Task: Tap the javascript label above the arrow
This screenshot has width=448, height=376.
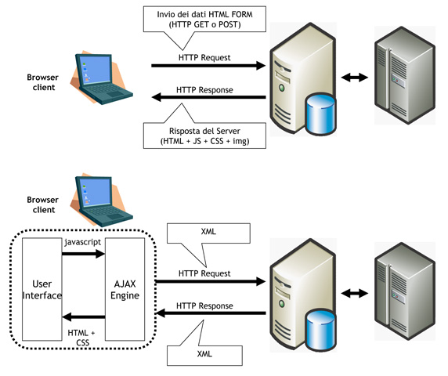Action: (82, 242)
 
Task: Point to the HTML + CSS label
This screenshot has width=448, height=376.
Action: (81, 338)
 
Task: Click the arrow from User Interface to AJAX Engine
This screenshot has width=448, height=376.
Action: (84, 254)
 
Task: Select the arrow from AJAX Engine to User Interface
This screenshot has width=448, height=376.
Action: (84, 316)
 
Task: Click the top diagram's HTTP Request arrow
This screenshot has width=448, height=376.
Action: (208, 66)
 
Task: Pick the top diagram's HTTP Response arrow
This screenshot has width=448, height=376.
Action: (208, 97)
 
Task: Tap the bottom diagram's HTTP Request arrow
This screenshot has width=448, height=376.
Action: (211, 281)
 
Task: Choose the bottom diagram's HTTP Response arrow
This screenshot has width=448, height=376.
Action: (211, 313)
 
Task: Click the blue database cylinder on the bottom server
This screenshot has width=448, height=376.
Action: (320, 331)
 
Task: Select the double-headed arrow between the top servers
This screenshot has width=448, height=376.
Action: (355, 77)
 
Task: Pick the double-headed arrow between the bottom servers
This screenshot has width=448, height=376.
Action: (355, 293)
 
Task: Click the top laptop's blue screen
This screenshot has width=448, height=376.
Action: (95, 70)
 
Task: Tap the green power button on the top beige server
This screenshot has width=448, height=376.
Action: (282, 87)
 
